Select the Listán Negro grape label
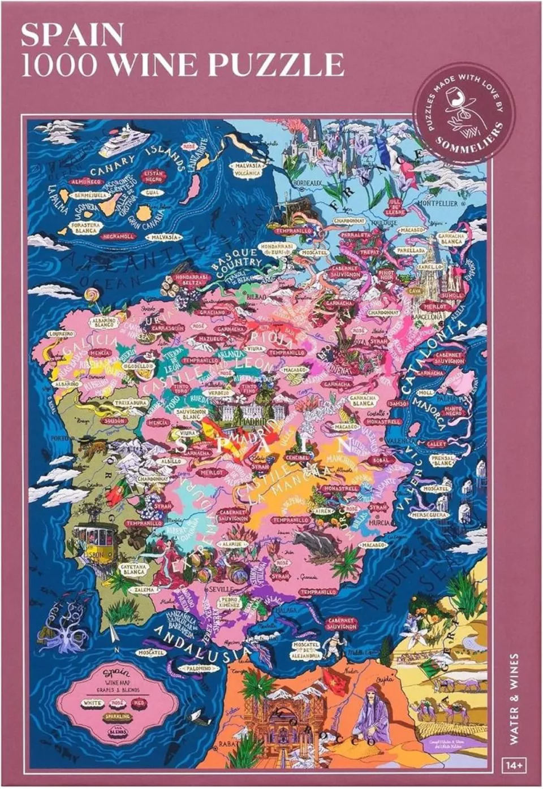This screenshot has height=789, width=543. [153, 176]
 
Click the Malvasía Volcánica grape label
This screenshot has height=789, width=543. [247, 169]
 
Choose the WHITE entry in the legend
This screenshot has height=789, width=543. [93, 703]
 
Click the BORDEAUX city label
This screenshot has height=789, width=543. [307, 183]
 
